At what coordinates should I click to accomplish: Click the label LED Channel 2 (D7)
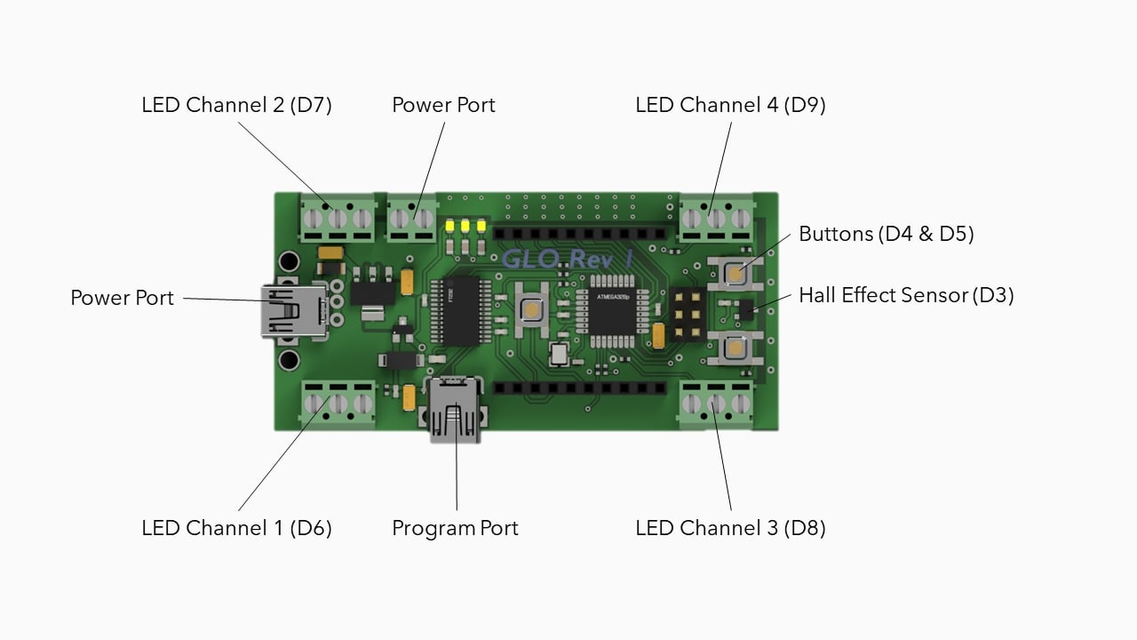(x=236, y=105)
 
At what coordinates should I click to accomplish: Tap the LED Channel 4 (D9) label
(x=730, y=105)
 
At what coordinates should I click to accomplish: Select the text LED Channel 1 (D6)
(x=236, y=528)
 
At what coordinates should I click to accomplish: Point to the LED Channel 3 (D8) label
(x=730, y=528)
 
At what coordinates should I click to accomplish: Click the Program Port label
(x=455, y=528)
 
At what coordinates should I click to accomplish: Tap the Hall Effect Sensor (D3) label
(x=906, y=295)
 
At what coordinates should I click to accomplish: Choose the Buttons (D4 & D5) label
(x=886, y=235)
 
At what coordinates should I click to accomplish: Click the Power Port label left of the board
(x=122, y=298)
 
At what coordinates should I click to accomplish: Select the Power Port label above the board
(x=443, y=105)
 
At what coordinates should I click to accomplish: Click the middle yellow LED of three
(x=465, y=225)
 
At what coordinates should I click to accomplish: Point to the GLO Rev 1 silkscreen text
(x=567, y=260)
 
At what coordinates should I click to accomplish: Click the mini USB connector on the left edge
(x=291, y=310)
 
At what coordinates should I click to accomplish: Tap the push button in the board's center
(x=530, y=309)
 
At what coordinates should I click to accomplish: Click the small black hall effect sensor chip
(x=746, y=308)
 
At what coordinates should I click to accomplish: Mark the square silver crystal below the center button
(x=559, y=355)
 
